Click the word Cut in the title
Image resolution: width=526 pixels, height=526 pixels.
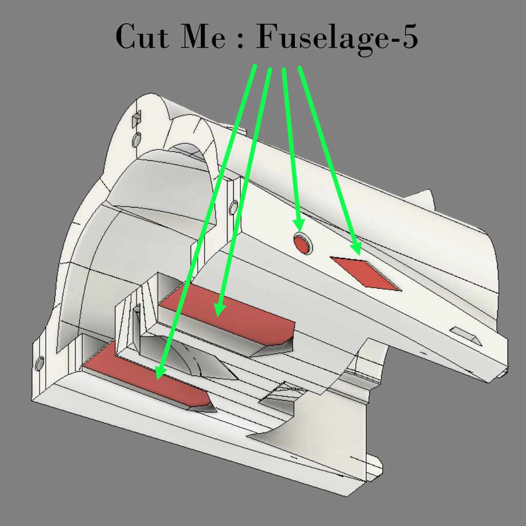143,36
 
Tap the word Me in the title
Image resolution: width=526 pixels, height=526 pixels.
203,36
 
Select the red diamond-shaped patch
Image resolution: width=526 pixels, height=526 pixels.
366,273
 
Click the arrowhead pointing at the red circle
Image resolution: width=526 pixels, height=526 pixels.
298,225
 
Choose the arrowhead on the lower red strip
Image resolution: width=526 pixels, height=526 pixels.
160,372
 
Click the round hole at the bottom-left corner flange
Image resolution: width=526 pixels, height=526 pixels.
40,364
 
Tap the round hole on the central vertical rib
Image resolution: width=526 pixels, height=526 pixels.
234,208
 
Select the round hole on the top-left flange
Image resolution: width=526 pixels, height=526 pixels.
137,140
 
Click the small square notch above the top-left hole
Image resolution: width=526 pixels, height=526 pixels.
136,119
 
